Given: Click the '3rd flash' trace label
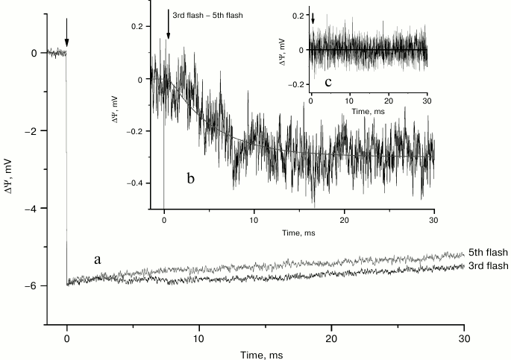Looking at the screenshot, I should point(486,266).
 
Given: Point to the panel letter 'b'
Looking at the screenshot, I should point(191,179).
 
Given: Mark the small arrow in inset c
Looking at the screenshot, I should point(313,17).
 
